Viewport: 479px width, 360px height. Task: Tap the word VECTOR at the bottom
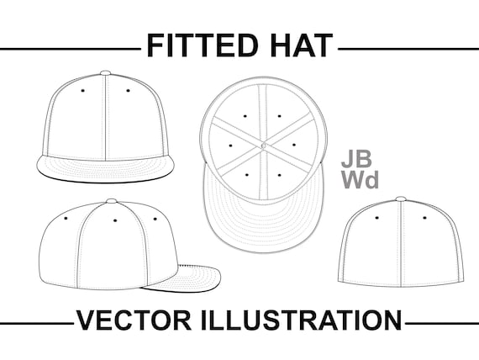pos(134,320)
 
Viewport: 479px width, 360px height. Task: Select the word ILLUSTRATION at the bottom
pos(301,320)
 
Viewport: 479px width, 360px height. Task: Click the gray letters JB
pos(356,159)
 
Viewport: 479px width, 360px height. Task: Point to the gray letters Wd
pos(360,179)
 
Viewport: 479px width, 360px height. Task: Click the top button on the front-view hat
pos(105,73)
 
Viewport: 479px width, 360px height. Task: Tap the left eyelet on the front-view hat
pos(83,91)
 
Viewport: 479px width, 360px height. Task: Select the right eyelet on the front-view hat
pos(128,91)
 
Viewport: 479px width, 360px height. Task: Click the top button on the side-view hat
pos(112,201)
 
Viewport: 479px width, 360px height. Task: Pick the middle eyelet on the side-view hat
pos(115,220)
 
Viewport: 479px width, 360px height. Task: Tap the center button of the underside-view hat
pos(264,145)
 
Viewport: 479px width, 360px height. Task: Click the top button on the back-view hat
pos(401,199)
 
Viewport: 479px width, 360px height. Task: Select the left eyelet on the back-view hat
pos(377,218)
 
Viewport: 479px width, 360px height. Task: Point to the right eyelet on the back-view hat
pos(424,218)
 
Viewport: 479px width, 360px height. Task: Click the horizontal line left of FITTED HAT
pos(71,49)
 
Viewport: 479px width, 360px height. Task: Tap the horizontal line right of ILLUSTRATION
pos(442,323)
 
